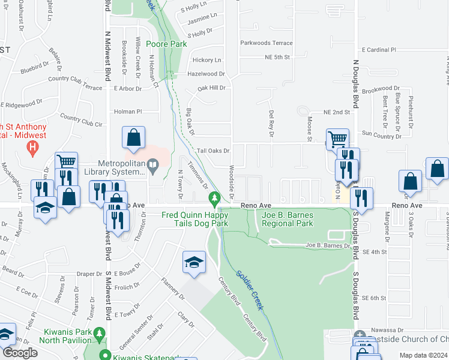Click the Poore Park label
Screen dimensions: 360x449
167,44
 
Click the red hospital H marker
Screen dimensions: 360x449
34,146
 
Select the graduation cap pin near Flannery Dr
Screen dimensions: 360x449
193,263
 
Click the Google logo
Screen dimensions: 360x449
20,353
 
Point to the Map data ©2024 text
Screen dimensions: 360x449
423,355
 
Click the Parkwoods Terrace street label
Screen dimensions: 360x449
267,43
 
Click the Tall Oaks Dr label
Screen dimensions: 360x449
214,151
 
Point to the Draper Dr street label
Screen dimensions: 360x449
91,274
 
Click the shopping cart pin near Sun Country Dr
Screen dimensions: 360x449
337,139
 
